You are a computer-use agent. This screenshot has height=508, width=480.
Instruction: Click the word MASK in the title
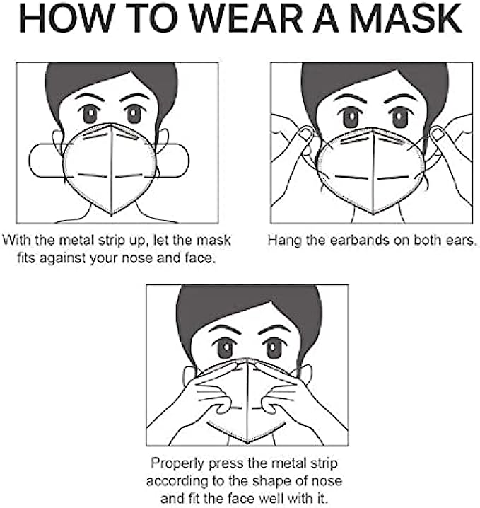pyautogui.click(x=406, y=18)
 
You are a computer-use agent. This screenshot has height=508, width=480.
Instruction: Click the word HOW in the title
pyautogui.click(x=67, y=18)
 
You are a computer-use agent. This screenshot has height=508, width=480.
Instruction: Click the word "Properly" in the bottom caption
pyautogui.click(x=177, y=463)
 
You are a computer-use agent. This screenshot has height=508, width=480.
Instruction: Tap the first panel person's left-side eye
pyautogui.click(x=90, y=114)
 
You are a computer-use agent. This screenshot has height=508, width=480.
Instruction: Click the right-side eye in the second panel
pyautogui.click(x=399, y=117)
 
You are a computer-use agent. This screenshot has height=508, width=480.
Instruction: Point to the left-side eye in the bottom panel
pyautogui.click(x=226, y=348)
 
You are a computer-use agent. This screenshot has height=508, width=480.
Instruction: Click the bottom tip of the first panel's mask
pyautogui.click(x=112, y=215)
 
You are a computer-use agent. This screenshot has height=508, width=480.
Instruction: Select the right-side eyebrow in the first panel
pyautogui.click(x=134, y=96)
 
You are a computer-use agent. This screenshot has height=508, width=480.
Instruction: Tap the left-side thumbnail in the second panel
pyautogui.click(x=305, y=134)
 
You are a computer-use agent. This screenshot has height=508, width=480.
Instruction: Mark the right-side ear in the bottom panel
pyautogui.click(x=305, y=374)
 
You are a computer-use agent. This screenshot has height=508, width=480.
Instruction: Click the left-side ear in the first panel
pyautogui.click(x=57, y=142)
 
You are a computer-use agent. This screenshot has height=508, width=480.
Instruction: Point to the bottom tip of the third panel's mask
pyautogui.click(x=247, y=443)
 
